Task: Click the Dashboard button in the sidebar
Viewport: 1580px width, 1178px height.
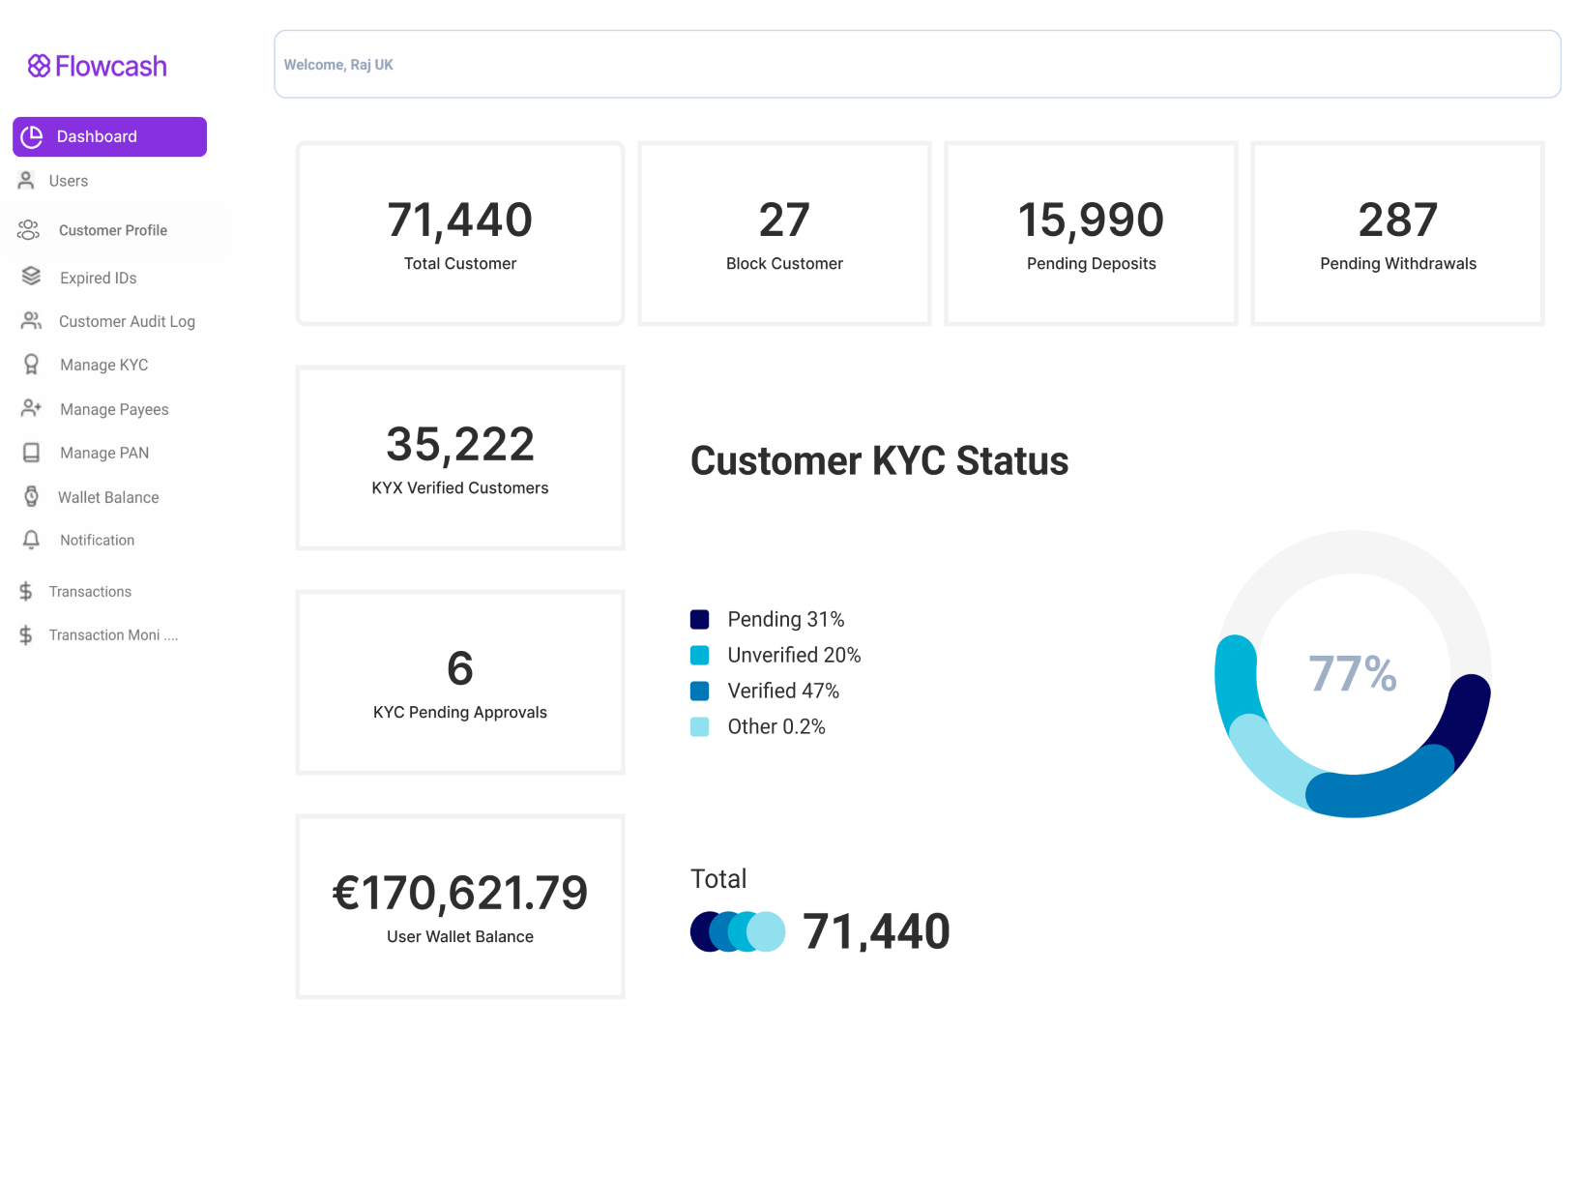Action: [109, 136]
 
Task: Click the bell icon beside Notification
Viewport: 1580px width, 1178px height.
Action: [31, 540]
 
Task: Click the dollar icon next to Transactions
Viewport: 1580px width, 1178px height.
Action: [26, 591]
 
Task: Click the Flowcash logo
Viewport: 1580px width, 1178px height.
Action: [97, 66]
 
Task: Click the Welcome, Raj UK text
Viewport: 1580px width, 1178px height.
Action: [338, 65]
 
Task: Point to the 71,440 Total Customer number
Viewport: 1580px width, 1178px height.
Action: [459, 219]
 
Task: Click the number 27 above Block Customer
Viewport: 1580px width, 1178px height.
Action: [784, 219]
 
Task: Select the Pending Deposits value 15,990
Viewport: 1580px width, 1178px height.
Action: [1091, 219]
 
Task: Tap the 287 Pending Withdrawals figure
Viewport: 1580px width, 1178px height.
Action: [1397, 219]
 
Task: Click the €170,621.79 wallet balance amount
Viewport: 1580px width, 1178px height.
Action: [459, 892]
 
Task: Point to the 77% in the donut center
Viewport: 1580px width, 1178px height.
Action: [1352, 673]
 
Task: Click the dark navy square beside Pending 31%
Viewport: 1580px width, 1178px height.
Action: [699, 619]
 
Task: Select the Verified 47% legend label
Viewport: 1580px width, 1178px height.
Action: [783, 691]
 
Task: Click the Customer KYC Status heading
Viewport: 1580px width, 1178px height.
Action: [879, 460]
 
